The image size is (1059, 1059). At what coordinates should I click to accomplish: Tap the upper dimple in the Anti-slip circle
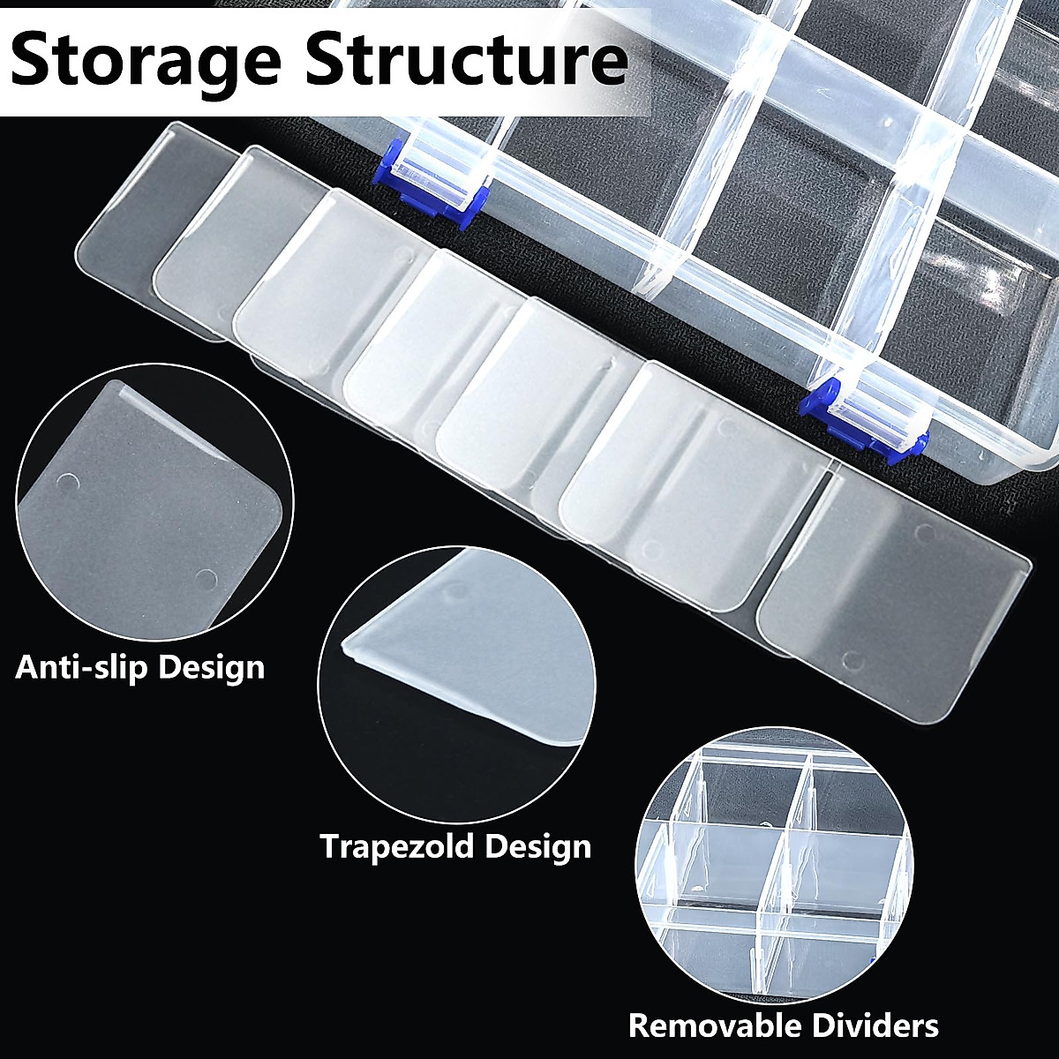pos(67,484)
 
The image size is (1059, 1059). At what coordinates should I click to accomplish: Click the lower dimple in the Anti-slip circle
pos(205,579)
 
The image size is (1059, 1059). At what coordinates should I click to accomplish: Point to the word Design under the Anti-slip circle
pos(211,666)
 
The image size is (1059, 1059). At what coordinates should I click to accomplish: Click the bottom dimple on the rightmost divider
pos(852,658)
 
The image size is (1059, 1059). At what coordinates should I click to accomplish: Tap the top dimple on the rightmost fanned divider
pos(925,533)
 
